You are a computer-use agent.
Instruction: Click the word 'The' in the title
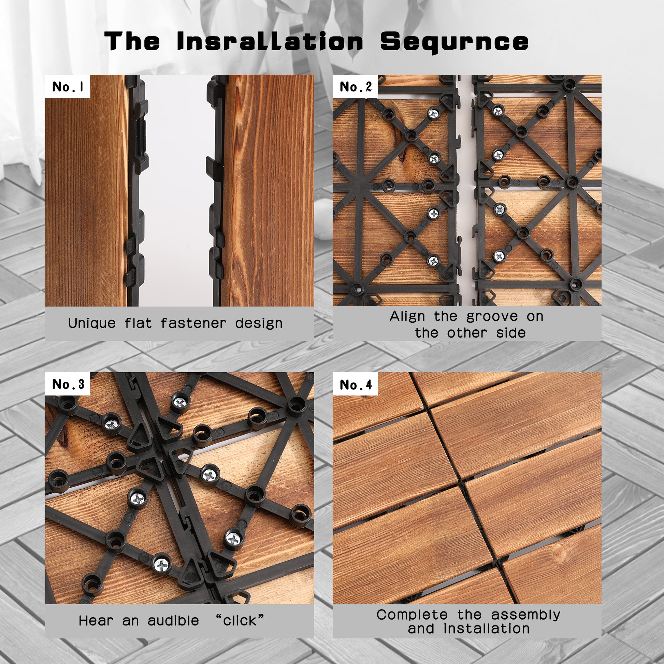point(132,41)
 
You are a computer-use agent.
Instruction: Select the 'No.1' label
point(68,87)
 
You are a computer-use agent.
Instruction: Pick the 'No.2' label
point(355,87)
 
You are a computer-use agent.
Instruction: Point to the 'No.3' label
point(68,384)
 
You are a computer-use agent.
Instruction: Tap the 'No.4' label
point(355,385)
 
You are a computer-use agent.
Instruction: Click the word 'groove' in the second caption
point(492,317)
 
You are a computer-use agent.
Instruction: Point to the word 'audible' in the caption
point(173,621)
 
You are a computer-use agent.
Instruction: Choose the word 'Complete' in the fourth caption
point(412,615)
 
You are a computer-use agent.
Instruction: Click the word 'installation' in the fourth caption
point(486,629)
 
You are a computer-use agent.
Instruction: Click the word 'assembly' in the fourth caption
point(525,615)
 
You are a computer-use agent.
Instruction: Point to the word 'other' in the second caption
point(467,333)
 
